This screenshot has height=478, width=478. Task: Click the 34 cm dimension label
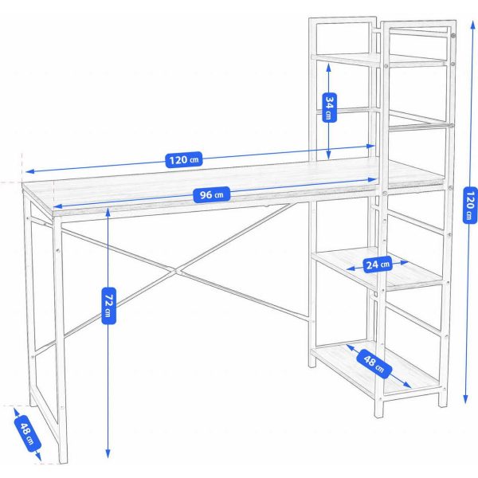327,107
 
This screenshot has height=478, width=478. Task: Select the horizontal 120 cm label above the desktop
183,159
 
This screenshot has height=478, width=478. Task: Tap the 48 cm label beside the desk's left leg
27,433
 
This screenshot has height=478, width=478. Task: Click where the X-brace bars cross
177,272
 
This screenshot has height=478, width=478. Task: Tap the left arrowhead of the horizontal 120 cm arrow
26,172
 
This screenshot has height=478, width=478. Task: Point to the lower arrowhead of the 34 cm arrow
327,156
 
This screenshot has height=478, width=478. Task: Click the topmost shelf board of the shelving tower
378,60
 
